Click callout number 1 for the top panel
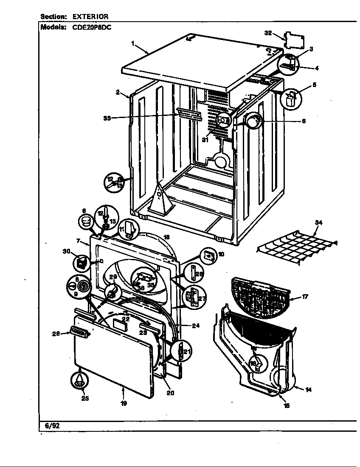133,43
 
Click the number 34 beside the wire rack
318,222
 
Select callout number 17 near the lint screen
305,297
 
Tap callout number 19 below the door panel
124,403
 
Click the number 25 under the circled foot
85,398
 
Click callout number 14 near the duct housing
308,389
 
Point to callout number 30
66,251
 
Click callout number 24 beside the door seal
195,326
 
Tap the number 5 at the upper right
314,84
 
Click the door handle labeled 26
80,333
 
